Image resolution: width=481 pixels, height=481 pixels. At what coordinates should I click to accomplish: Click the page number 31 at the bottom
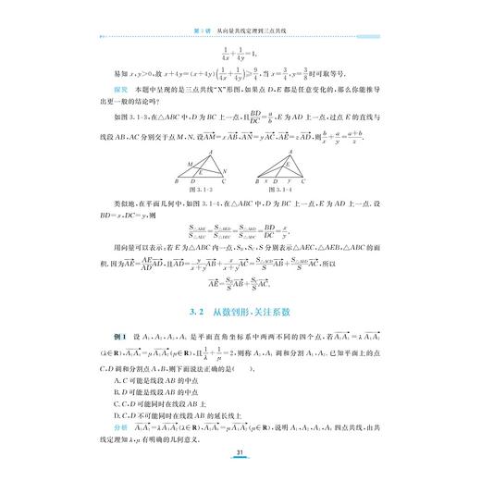[x=240, y=452]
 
